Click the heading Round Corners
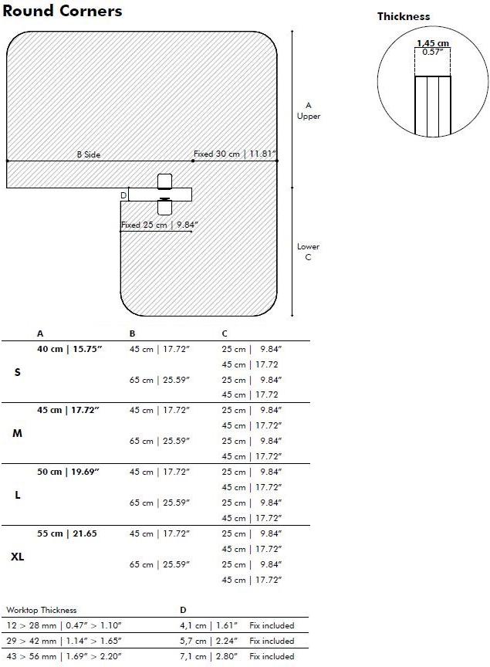[62, 11]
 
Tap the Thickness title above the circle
[404, 16]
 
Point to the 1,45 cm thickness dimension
[433, 43]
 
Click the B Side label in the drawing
[89, 154]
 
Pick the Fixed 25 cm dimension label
[160, 225]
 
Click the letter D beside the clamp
[123, 195]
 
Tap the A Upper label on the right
[309, 110]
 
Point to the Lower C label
[308, 252]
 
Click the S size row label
[17, 372]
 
